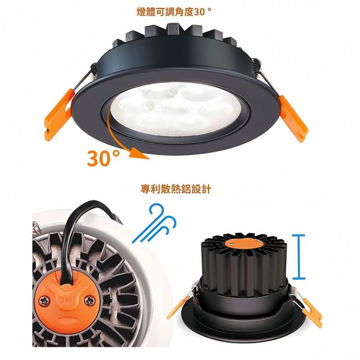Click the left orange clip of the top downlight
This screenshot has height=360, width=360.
coord(58,109)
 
